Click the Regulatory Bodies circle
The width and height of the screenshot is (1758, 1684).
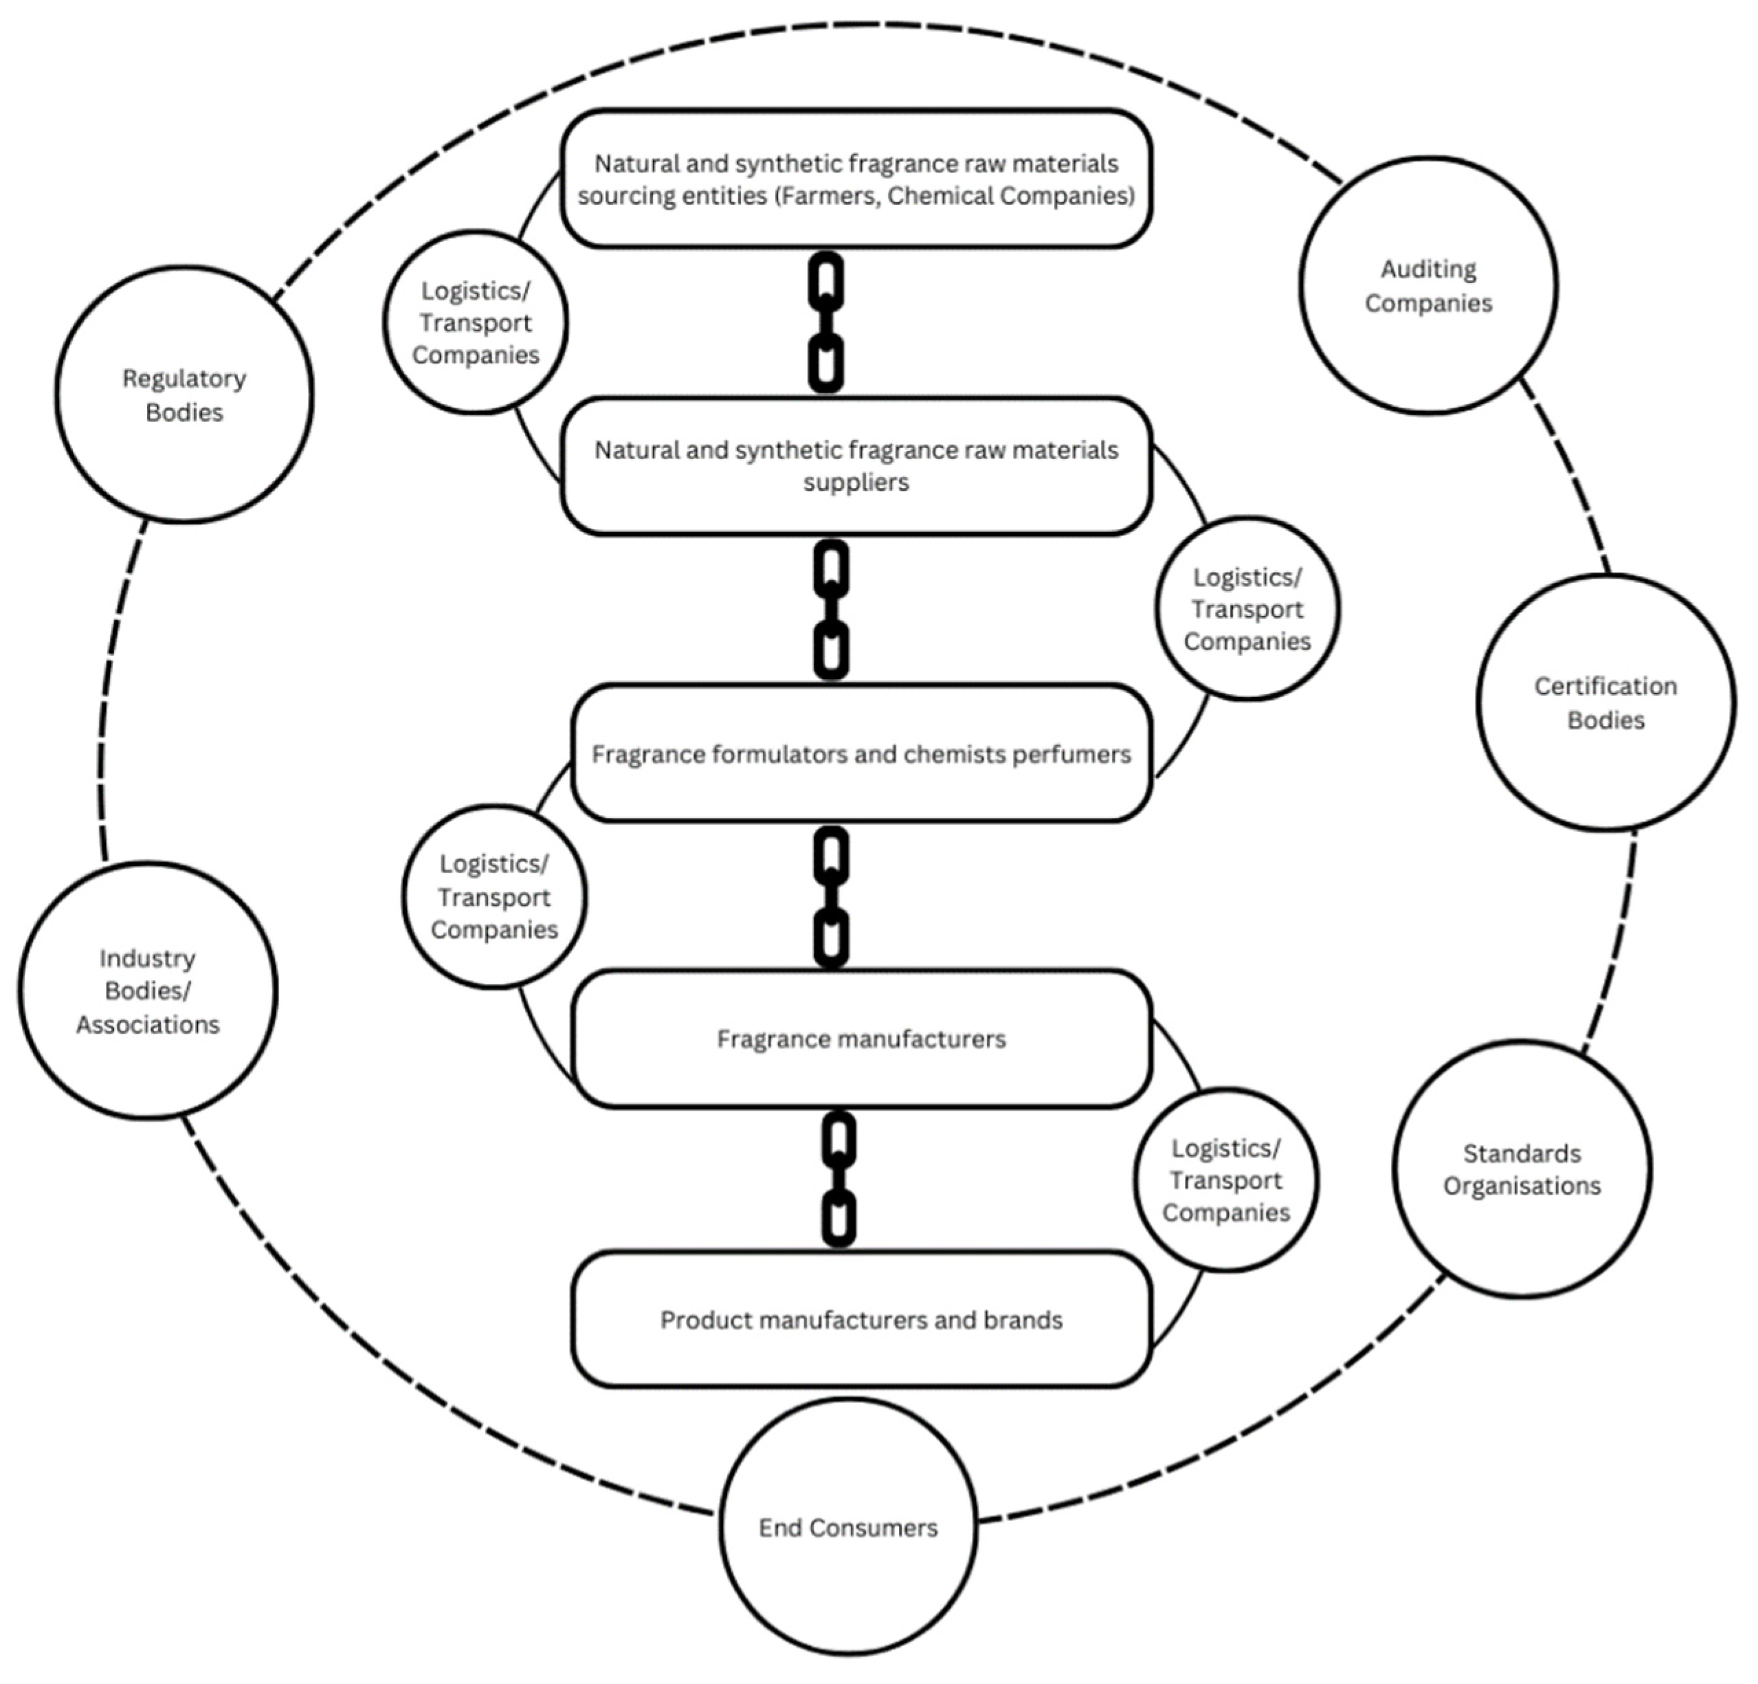184,395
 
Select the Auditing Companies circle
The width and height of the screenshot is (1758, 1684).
1428,285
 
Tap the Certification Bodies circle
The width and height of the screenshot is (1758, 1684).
1605,702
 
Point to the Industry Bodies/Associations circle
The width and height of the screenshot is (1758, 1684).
147,990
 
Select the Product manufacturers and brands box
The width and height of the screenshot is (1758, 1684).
861,1319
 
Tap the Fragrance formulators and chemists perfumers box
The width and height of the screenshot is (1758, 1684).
861,753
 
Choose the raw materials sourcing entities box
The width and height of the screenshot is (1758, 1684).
856,179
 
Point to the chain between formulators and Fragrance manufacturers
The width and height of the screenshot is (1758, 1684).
832,896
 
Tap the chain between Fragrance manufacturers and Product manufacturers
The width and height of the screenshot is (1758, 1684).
838,1179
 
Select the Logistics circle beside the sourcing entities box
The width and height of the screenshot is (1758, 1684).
476,322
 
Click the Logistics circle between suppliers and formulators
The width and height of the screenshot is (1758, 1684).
1247,608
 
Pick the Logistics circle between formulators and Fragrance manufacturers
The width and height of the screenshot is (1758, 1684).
494,896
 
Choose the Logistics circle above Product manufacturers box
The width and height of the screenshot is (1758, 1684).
1225,1179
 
